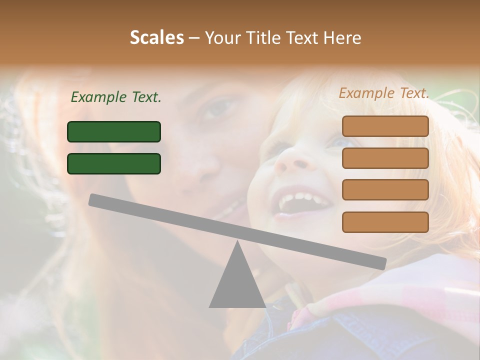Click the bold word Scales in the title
[156, 37]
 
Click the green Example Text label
[116, 97]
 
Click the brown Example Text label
[384, 93]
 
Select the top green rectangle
[114, 131]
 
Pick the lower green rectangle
[114, 163]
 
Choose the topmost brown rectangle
[385, 126]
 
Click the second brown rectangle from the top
[385, 158]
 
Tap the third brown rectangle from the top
[385, 190]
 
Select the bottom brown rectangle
[385, 222]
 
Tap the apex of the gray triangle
[237, 242]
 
